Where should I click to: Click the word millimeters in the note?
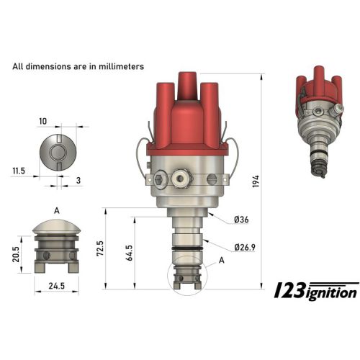118,66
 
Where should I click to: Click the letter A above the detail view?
56,210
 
